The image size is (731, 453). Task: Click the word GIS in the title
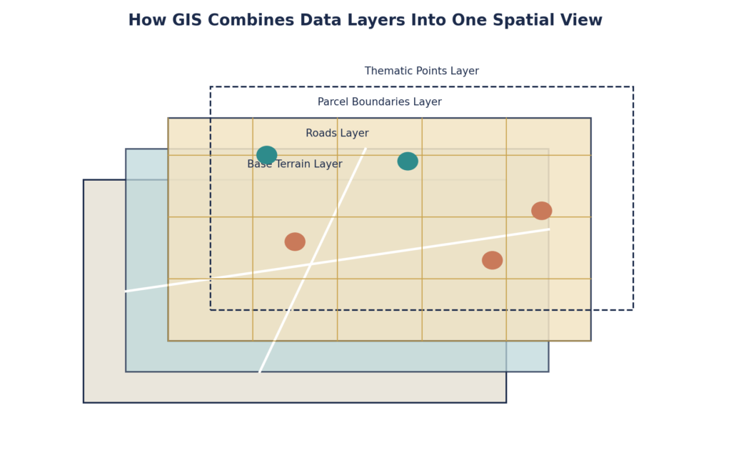tap(188, 20)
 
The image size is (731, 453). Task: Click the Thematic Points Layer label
tap(421, 71)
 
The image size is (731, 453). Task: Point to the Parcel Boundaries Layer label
tap(380, 101)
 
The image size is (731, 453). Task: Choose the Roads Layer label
tap(337, 134)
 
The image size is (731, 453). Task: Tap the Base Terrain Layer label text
tap(295, 164)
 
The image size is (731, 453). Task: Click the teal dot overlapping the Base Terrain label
tap(267, 155)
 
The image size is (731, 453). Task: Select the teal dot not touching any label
tap(408, 161)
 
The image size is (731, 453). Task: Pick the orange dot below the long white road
tap(493, 260)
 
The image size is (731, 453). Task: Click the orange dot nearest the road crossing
tap(295, 242)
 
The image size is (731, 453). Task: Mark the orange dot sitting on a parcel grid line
tap(542, 211)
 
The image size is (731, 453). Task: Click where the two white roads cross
tap(310, 264)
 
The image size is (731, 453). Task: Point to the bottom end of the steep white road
tap(260, 372)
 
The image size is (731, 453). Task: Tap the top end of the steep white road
tap(366, 149)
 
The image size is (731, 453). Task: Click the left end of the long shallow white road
tap(126, 291)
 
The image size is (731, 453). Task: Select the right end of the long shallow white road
tap(549, 229)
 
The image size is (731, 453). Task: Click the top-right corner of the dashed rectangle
tap(633, 86)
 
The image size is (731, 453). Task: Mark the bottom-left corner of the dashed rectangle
tap(211, 309)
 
